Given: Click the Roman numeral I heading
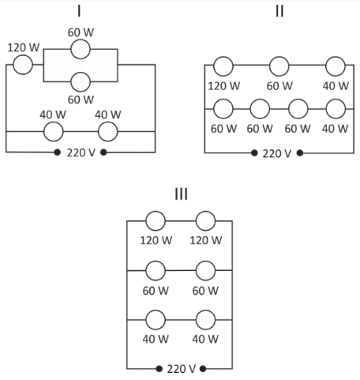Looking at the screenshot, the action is [79, 11].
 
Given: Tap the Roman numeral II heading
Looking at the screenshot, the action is [279, 11].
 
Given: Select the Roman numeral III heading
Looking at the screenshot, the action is [182, 194].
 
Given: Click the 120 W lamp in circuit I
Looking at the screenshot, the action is [23, 65].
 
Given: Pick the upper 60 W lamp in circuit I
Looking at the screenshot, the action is [81, 49].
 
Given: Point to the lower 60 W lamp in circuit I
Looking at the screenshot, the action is [81, 82].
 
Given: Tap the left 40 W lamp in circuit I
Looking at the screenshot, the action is [54, 131].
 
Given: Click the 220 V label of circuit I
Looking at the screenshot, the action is [81, 152].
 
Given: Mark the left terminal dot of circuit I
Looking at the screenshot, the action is [57, 152].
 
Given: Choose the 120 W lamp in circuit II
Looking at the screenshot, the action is [223, 66].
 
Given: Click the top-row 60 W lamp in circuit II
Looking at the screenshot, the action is [279, 66].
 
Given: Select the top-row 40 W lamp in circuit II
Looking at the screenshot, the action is [336, 66].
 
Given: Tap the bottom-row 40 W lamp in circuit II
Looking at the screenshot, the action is [336, 109].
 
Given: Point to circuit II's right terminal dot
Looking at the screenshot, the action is [300, 153].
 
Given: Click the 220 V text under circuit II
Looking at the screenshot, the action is [277, 153].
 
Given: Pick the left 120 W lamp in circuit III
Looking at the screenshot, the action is [156, 220].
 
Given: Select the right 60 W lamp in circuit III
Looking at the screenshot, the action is [205, 270].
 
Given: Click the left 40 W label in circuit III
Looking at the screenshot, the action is [156, 339].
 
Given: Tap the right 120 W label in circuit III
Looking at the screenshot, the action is [206, 240].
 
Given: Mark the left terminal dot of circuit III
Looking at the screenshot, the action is [159, 369].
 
